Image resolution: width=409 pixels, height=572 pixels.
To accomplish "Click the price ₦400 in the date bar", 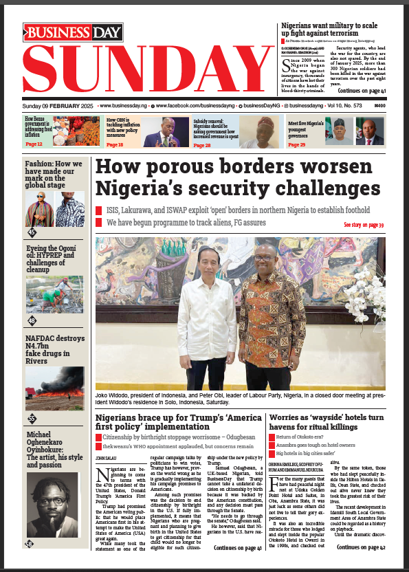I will pos(378,107).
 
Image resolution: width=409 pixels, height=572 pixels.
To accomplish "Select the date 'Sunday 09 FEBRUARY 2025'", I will pos(58,107).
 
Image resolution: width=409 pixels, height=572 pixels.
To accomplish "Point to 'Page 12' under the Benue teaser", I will pos(34,145).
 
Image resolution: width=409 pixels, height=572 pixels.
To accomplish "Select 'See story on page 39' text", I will pos(363,225).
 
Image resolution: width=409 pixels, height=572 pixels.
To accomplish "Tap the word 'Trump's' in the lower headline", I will pos(179,417).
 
